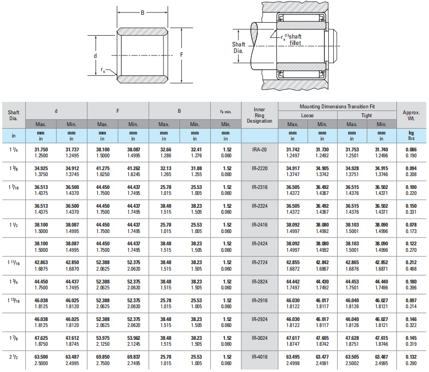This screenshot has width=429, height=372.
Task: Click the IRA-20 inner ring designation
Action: point(259,150)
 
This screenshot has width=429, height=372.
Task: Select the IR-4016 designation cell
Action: point(259,357)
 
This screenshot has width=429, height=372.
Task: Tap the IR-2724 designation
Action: point(259,263)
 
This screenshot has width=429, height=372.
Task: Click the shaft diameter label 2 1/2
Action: point(13,357)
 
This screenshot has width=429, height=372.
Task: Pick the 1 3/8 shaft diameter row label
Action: point(13,168)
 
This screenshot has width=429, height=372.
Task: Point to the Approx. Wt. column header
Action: point(411,115)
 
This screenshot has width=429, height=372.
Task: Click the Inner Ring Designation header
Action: point(259,115)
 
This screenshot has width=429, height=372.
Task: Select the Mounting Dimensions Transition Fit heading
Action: point(337,106)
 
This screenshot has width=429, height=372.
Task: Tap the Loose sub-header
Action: point(307,115)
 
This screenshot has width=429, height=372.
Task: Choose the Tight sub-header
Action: point(367,115)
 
